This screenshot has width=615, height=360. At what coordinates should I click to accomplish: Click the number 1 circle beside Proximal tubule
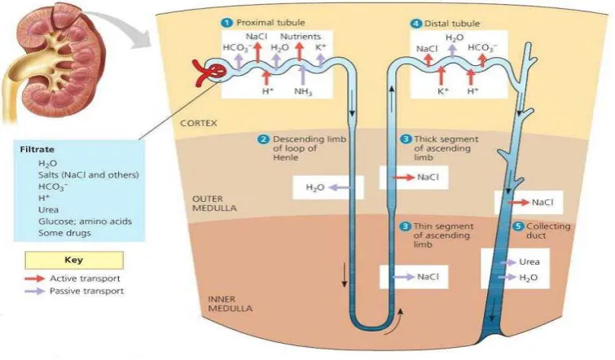tap(227, 23)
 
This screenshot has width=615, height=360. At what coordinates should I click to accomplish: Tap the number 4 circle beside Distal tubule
tap(415, 24)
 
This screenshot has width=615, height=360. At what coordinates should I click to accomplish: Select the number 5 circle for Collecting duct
tap(518, 226)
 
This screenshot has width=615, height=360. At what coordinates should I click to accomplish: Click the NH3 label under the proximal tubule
tap(303, 92)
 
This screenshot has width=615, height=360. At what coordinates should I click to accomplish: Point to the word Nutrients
tap(300, 37)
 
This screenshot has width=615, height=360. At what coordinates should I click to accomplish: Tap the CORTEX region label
tap(199, 123)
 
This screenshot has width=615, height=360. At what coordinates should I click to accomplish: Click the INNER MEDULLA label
tap(230, 304)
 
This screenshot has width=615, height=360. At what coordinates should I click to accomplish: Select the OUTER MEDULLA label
tap(214, 204)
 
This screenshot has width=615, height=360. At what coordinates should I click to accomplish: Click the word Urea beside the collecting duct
tap(529, 262)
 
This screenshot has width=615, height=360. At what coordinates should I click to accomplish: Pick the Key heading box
tap(74, 260)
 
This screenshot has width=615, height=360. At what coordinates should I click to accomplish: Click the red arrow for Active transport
tap(34, 279)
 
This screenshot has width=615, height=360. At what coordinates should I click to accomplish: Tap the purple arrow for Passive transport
tap(34, 292)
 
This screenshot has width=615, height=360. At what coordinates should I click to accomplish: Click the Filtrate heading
tap(37, 149)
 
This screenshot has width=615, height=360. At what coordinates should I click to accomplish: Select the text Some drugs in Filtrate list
tap(64, 233)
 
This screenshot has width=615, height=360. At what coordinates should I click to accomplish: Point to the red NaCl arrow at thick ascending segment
tap(403, 178)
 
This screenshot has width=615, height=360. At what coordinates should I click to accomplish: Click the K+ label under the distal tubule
tap(443, 91)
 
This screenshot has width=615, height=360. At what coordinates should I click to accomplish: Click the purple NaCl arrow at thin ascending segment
tap(403, 277)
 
